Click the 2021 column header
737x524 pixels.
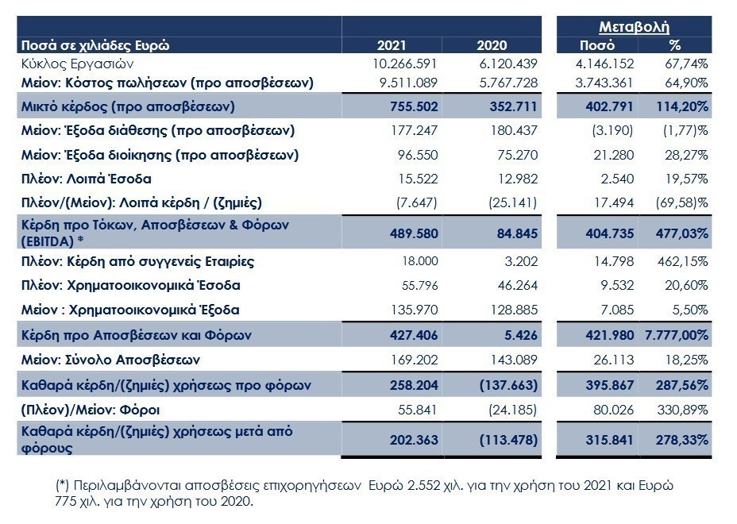pos(391,45)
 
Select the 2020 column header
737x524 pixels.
pos(492,45)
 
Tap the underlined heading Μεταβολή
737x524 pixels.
pos(634,27)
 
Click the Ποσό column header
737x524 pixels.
pos(597,45)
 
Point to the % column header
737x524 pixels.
pos(674,45)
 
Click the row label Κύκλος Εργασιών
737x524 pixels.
pos(78,64)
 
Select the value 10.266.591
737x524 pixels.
pos(405,64)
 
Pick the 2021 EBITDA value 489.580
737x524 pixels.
pos(414,233)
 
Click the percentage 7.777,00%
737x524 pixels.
pos(677,335)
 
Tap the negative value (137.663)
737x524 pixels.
pos(508,385)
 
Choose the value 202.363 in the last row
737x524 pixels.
pos(414,440)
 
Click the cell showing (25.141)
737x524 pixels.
pos(512,202)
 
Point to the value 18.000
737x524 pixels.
pos(420,261)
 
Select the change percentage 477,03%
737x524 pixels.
pos(682,233)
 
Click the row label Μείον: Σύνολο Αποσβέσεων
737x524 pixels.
pos(110,360)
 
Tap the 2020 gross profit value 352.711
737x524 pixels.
pos(513,106)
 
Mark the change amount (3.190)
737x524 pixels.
pos(612,131)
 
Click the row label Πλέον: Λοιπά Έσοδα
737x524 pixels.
pos(86,179)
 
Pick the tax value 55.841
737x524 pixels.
pos(418,410)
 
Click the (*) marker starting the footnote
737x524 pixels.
pos(63,485)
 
